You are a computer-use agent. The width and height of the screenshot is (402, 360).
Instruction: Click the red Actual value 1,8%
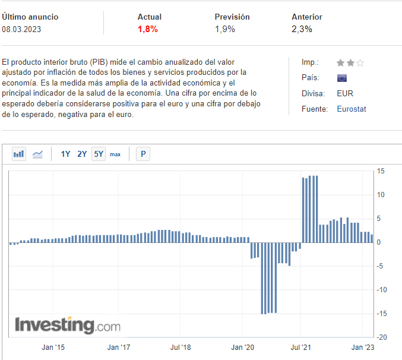pos(148,29)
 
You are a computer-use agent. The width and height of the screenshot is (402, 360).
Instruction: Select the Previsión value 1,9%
pos(225,29)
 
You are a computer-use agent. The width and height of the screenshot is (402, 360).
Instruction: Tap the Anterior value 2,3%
pos(302,29)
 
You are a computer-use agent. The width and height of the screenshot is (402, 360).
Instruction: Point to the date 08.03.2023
pos(21,29)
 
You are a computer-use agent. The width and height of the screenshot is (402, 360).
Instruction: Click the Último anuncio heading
pos(30,17)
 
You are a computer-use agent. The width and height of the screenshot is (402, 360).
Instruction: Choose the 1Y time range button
pos(65,154)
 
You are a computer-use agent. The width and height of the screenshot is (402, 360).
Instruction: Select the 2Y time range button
pos(82,154)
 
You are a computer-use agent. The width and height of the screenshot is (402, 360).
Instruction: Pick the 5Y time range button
pos(99,154)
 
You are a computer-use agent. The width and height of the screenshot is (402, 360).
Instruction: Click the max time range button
pos(115,154)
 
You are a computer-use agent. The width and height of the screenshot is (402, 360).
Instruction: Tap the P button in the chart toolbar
pos(143,154)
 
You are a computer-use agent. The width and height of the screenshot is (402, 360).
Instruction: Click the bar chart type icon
pos(19,154)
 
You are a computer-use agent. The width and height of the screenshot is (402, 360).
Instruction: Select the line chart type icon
pos(37,154)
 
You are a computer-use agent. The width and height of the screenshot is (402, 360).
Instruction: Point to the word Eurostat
pos(352,109)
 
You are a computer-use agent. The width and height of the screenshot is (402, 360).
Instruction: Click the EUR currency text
pos(344,93)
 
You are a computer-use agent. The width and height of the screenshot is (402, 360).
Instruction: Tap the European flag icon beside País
pos(342,78)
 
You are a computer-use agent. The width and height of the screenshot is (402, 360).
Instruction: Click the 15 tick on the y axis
pos(381,171)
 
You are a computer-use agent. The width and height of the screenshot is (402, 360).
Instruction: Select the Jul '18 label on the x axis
pos(180,347)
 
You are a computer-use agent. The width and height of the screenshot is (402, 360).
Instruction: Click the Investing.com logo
pos(67,326)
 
